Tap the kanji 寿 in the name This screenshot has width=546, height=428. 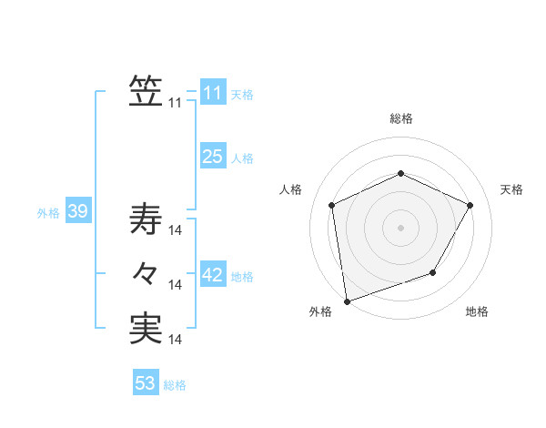tap(146, 219)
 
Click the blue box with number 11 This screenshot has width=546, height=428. tap(212, 93)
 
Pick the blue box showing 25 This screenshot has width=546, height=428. tap(212, 157)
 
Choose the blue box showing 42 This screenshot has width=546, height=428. tap(212, 275)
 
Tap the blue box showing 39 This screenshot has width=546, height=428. tap(77, 212)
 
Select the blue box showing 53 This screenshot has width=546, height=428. tap(146, 383)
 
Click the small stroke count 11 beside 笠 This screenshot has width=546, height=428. tap(175, 103)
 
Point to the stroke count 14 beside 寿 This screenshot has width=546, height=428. tap(177, 230)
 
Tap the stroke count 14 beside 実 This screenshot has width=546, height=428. tap(177, 340)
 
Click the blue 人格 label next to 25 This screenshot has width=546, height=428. tap(242, 158)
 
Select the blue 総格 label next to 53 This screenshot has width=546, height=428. tap(175, 385)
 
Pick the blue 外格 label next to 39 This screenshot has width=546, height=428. tap(48, 213)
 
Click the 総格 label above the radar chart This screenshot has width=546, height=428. tap(401, 118)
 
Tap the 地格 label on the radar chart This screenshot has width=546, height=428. tap(477, 312)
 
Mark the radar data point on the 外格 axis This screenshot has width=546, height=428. tap(346, 301)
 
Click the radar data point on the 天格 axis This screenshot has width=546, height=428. tap(470, 205)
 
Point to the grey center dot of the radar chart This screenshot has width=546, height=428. tap(400, 227)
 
